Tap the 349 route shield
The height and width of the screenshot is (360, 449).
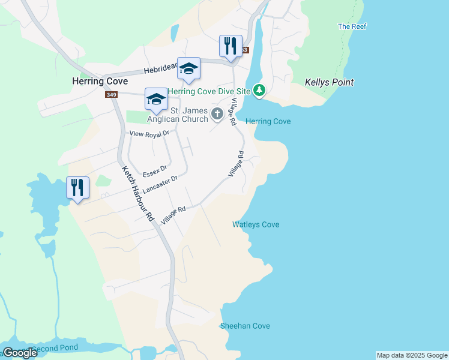[x=110, y=95]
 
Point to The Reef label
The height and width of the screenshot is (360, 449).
[x=352, y=26]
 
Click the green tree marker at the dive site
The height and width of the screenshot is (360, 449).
[x=259, y=91]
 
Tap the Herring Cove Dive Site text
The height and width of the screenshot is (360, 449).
[x=208, y=91]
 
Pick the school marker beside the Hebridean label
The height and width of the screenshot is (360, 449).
[x=188, y=70]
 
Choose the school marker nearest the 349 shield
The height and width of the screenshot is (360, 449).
[x=156, y=99]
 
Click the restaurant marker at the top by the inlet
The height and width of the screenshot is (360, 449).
[x=231, y=46]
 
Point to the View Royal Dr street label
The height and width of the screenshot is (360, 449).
[x=146, y=135]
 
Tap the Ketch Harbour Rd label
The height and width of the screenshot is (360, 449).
[x=138, y=195]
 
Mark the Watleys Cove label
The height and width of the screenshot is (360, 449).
[x=256, y=224]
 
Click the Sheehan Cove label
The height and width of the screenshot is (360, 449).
[x=245, y=326]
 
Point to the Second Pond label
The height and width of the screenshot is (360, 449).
[x=55, y=349]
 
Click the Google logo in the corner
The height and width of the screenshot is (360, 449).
[x=19, y=353]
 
